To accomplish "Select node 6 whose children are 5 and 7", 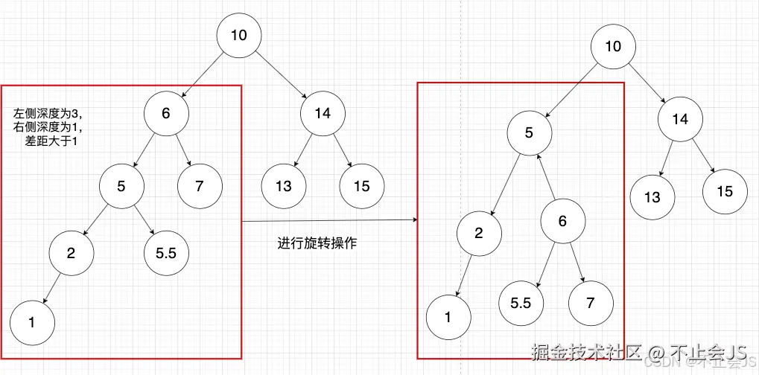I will click(166, 113).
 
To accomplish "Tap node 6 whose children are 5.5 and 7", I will click(562, 221).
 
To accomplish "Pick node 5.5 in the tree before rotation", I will click(166, 253).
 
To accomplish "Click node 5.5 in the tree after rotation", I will click(521, 303).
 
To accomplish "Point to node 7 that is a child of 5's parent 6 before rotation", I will click(199, 185).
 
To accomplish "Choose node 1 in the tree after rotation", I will click(448, 317).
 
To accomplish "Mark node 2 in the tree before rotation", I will click(72, 253).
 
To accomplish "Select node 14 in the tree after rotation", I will click(679, 119).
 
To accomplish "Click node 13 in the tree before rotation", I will click(283, 185).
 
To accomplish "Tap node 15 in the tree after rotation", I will click(724, 191).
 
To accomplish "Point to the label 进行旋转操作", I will click(317, 243).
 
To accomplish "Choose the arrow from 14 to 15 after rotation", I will click(702, 155).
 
